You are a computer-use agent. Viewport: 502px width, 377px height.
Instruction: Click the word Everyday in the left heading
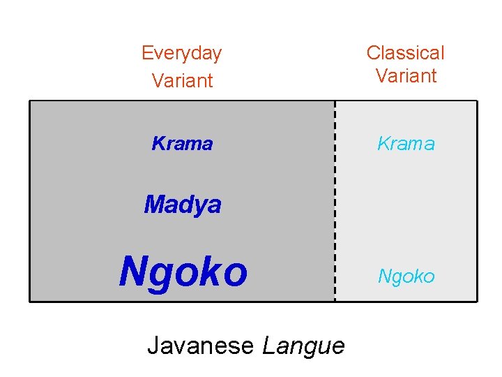[x=181, y=53]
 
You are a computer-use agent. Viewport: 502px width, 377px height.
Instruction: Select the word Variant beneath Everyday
[x=182, y=80]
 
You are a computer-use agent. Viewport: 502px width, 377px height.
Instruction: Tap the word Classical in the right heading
[x=405, y=53]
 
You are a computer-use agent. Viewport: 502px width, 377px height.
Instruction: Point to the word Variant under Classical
[x=406, y=75]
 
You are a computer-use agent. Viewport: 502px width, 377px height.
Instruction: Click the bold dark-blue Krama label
[x=182, y=144]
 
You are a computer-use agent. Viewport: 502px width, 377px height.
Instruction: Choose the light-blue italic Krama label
[x=406, y=144]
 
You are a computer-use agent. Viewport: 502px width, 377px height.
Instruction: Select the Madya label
[x=183, y=205]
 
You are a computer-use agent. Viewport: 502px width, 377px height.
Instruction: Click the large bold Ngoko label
[x=183, y=272]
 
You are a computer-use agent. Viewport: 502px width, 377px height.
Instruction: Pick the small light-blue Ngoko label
[x=406, y=276]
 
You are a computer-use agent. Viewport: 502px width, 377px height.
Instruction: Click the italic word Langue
[x=303, y=346]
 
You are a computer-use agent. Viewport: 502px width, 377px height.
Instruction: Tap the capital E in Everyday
[x=146, y=53]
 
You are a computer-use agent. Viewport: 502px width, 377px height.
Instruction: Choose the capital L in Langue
[x=267, y=345]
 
